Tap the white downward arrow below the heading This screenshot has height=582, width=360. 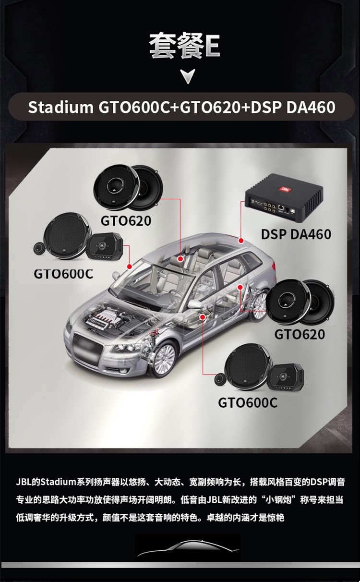point(188,75)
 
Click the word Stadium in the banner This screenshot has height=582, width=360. point(60,107)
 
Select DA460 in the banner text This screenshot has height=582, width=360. point(311,107)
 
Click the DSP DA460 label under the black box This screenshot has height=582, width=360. point(296,234)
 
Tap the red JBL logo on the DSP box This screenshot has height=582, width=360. point(285,189)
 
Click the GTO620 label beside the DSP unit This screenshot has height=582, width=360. point(126,221)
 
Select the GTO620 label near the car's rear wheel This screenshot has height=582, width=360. point(300,334)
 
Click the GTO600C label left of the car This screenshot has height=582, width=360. point(63,274)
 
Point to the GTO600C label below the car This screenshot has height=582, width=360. point(248,403)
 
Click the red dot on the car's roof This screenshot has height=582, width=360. point(241,241)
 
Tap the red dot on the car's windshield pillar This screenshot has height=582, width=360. point(129,267)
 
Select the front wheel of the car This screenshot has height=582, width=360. point(164,359)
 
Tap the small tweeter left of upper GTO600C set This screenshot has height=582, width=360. point(40,248)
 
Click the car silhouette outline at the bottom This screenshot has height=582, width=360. point(188,548)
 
